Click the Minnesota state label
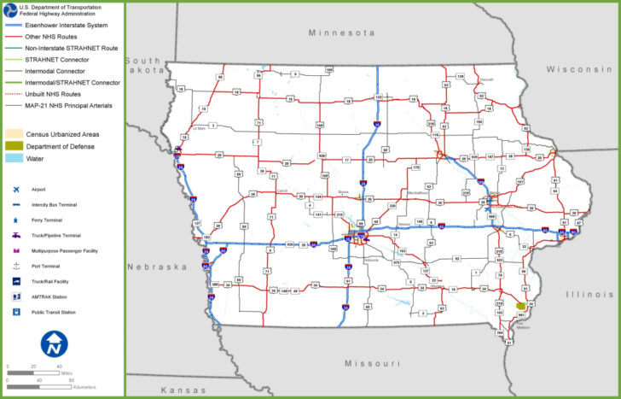click(341, 32)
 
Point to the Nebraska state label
click(157, 267)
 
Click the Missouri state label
click(372, 363)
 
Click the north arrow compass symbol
click(55, 343)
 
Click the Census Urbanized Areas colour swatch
click(15, 134)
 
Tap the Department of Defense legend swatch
click(15, 146)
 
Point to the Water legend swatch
click(15, 158)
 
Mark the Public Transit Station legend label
click(54, 312)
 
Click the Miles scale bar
click(34, 367)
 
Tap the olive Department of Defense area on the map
click(520, 305)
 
